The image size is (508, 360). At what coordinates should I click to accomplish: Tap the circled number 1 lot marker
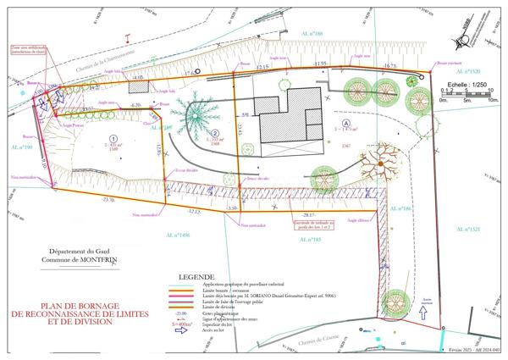pyautogui.click(x=113, y=137)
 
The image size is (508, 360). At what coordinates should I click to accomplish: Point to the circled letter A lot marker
pyautogui.click(x=346, y=124)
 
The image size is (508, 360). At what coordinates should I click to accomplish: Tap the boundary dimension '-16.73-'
pyautogui.click(x=389, y=65)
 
